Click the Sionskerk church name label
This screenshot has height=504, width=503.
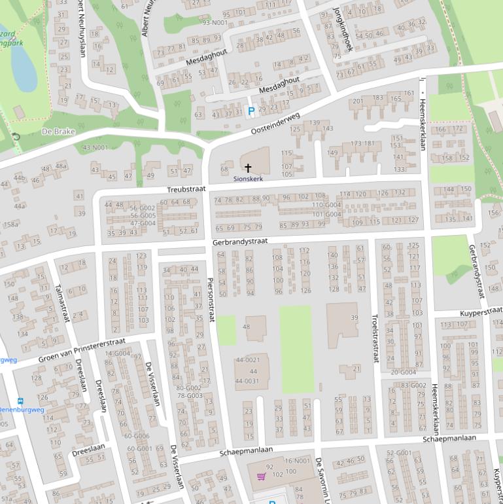[248, 179]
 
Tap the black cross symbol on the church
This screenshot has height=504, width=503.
[248, 168]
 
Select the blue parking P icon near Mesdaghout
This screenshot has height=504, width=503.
[251, 111]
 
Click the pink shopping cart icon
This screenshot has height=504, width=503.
[262, 477]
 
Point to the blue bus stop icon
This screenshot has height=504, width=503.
[20, 401]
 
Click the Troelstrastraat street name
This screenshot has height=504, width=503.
[375, 337]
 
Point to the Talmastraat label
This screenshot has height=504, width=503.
[62, 303]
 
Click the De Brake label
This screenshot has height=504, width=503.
[58, 132]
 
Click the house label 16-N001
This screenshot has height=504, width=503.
[298, 461]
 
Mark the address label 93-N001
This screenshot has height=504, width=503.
[215, 23]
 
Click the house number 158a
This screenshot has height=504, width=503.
[11, 225]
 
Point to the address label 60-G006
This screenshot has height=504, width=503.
[137, 436]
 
